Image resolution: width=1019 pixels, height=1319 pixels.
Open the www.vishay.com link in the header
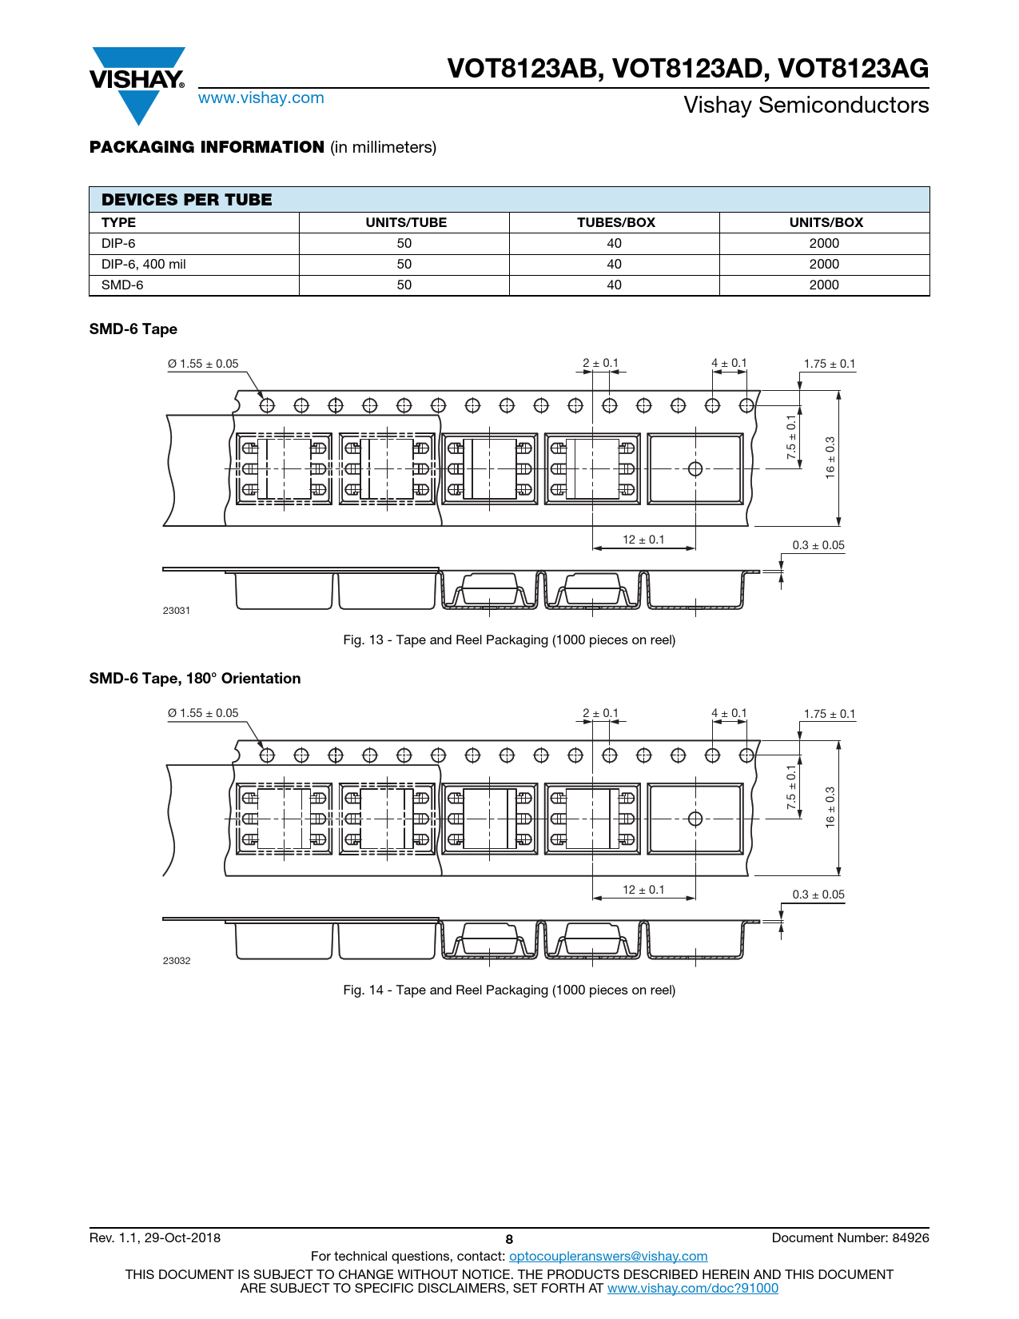click(261, 98)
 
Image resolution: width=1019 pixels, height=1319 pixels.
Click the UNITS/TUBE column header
click(405, 223)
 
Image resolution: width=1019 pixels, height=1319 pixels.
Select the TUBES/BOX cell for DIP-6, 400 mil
click(614, 265)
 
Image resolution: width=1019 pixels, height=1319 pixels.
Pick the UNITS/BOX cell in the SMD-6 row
click(824, 285)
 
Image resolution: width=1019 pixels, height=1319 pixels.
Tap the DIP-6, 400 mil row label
click(144, 265)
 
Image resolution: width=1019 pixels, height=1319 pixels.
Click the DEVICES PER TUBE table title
click(187, 200)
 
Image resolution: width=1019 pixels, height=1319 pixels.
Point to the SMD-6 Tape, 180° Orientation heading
click(195, 679)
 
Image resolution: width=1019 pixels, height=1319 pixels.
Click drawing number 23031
click(177, 611)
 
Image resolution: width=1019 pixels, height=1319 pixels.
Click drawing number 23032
click(177, 961)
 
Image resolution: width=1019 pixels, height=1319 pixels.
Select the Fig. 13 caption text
click(509, 640)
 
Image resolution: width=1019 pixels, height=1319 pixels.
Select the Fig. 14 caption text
click(509, 990)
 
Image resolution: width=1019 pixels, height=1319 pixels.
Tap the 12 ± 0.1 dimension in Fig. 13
click(643, 540)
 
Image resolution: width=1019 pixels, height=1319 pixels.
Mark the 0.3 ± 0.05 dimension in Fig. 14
click(818, 895)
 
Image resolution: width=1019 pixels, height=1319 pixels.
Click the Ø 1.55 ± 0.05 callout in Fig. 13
click(203, 364)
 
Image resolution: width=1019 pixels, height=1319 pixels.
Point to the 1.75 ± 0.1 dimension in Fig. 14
click(830, 714)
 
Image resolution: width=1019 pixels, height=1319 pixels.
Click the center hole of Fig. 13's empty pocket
click(695, 468)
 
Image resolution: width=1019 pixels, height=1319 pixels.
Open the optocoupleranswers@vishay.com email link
click(608, 1257)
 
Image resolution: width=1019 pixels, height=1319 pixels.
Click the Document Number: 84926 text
click(850, 1238)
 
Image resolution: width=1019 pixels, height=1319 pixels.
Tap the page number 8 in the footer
click(509, 1240)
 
